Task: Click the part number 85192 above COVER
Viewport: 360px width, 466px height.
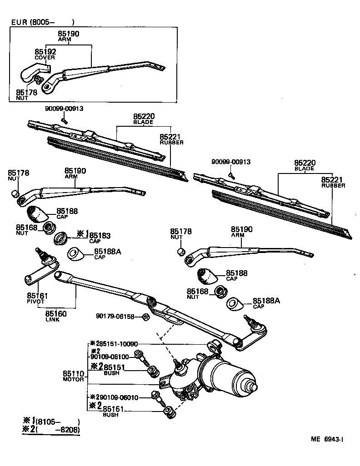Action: tap(45, 52)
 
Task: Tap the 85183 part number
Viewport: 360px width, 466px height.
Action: tap(100, 235)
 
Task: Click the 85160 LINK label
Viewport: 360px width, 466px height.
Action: tap(55, 315)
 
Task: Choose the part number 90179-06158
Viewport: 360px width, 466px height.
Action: tap(115, 316)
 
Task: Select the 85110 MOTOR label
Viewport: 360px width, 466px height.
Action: tap(73, 376)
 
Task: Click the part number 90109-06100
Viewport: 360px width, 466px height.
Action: tap(110, 357)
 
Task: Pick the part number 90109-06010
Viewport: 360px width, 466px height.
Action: tap(119, 397)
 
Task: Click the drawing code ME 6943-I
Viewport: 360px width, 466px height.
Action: tap(327, 439)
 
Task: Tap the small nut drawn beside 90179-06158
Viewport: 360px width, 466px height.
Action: tap(145, 316)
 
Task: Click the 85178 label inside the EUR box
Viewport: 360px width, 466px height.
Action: tap(26, 94)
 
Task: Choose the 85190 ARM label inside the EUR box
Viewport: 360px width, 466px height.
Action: tap(68, 36)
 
